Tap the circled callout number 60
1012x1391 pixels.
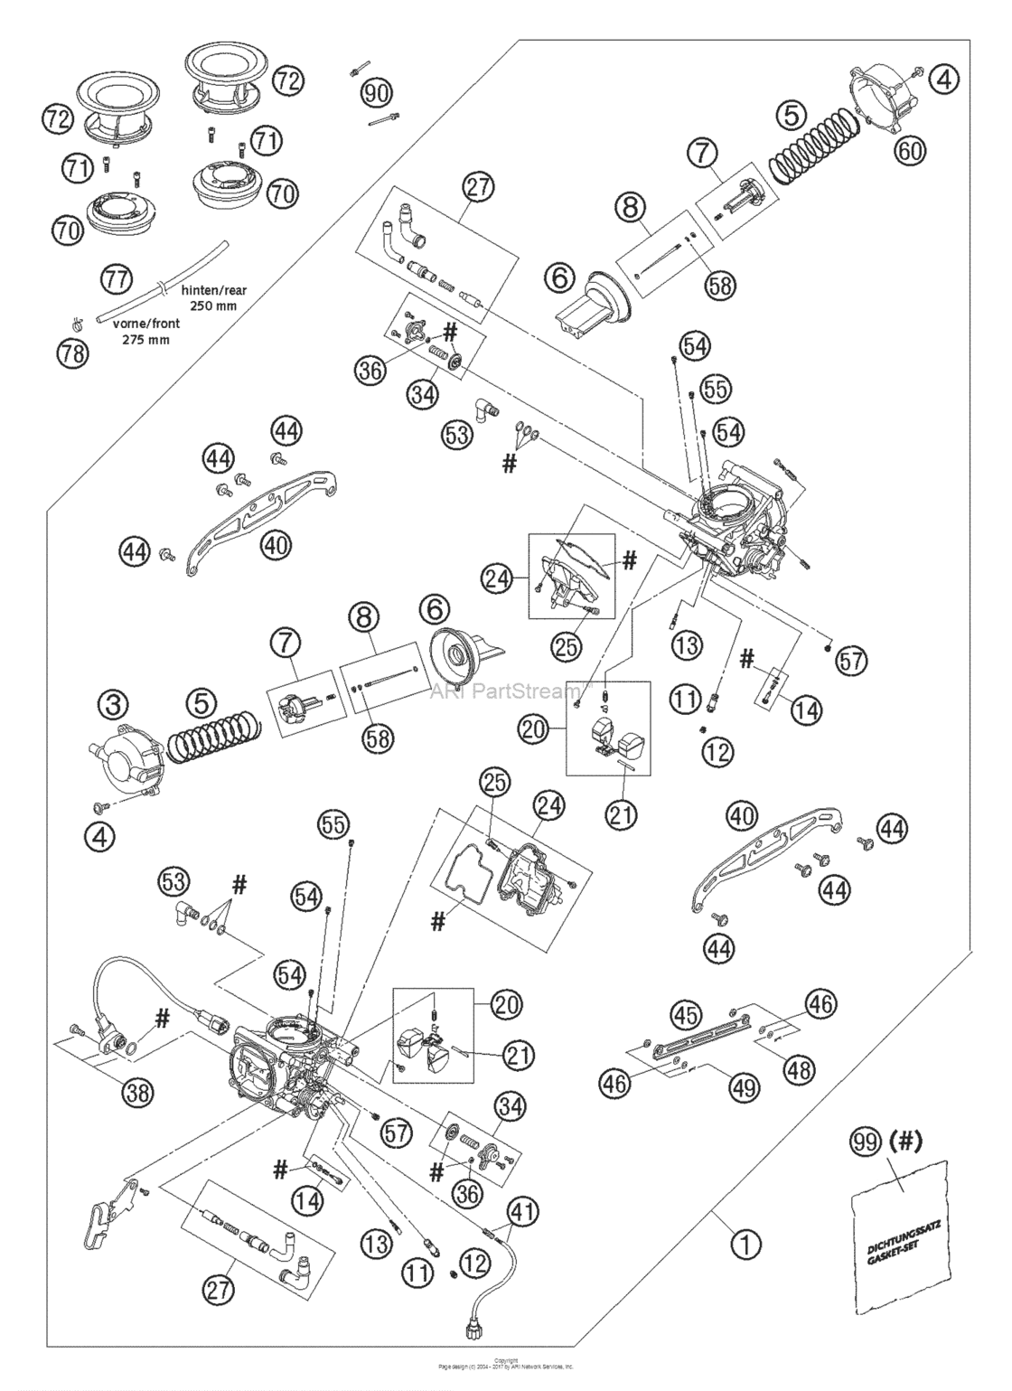tap(910, 151)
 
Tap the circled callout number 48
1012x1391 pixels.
tap(800, 1069)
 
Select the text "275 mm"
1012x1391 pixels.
tap(145, 341)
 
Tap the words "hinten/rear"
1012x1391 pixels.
tap(214, 291)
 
